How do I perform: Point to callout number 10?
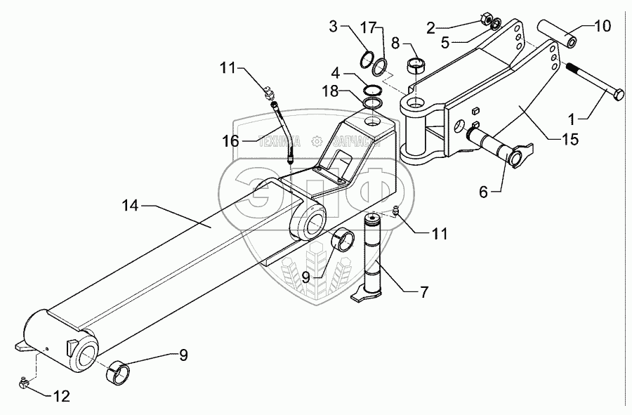point(603,27)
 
